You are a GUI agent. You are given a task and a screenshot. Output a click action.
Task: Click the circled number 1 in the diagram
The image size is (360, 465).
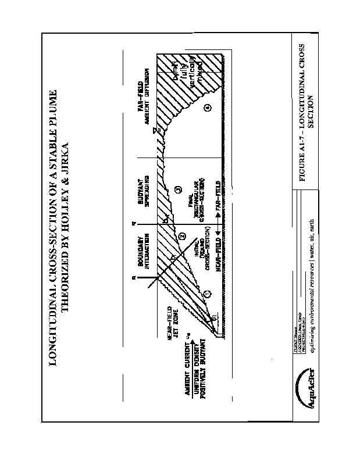(206, 294)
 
